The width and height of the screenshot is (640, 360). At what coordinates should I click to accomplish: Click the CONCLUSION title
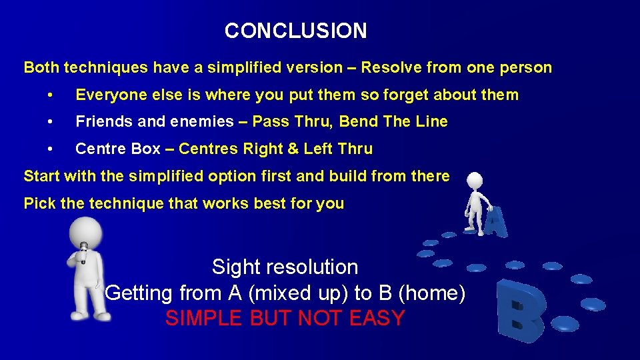(x=295, y=31)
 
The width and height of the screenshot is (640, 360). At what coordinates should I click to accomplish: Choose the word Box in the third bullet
(x=146, y=149)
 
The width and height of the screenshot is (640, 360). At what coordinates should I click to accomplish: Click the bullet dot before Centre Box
(x=51, y=149)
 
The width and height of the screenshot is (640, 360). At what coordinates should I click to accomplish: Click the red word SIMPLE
(x=205, y=319)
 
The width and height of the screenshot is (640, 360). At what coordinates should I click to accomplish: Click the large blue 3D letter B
(x=521, y=311)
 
